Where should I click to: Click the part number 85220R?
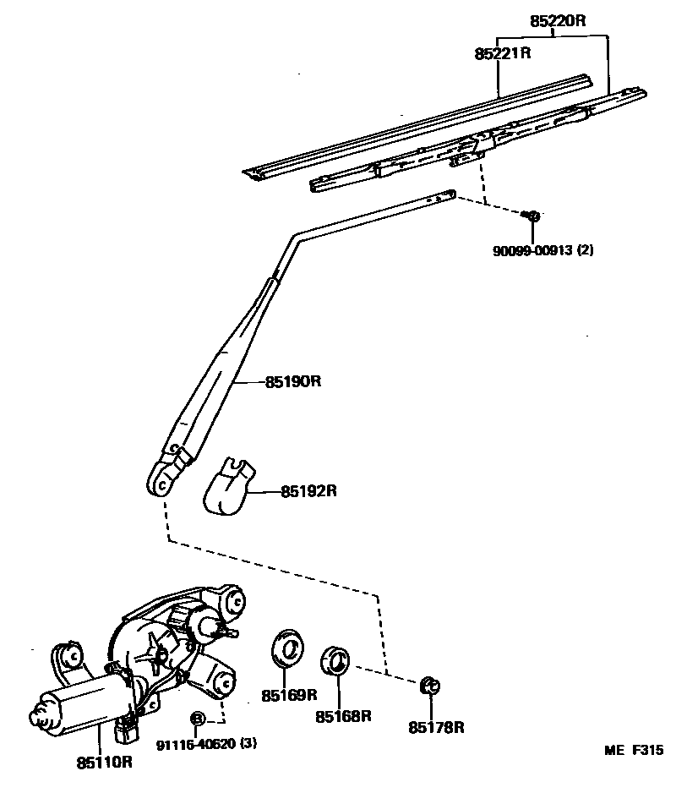pos(558,20)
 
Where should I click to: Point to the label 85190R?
pos(293,381)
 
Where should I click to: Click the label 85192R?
pos(308,489)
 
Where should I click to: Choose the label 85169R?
pos(288,695)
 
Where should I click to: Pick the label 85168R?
pos(344,716)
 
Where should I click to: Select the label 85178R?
pos(437,726)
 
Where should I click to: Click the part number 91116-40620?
pos(196,744)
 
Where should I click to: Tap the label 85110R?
pos(105,761)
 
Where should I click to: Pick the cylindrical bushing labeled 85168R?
pos(337,660)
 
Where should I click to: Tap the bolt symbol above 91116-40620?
pos(197,719)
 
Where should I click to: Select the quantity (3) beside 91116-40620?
pos(248,744)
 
